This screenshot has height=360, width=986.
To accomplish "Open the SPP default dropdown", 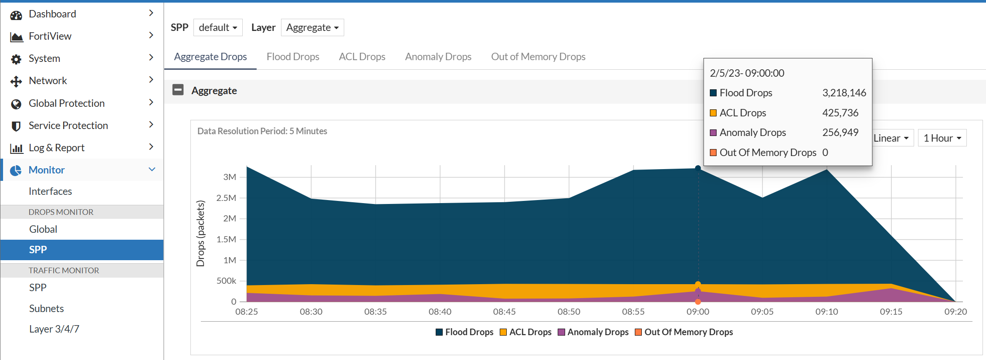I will pyautogui.click(x=218, y=27).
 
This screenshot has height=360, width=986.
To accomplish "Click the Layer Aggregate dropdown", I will pyautogui.click(x=312, y=27).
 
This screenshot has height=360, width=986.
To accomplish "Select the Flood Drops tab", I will pyautogui.click(x=293, y=57).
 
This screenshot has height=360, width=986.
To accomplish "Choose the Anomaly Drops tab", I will pyautogui.click(x=438, y=57).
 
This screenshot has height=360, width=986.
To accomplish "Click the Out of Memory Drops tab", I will pyautogui.click(x=538, y=57).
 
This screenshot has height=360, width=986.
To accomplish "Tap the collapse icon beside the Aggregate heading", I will pyautogui.click(x=178, y=90).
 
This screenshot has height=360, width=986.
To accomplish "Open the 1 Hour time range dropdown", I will pyautogui.click(x=942, y=138).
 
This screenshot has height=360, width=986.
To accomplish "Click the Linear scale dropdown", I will pyautogui.click(x=891, y=138).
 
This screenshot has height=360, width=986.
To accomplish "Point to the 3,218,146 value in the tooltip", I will pyautogui.click(x=844, y=93).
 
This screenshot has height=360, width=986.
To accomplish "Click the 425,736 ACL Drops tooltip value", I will pyautogui.click(x=840, y=113).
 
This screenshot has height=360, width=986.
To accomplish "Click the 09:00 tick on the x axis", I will pyautogui.click(x=698, y=312).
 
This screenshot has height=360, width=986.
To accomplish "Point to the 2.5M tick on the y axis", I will pyautogui.click(x=226, y=198).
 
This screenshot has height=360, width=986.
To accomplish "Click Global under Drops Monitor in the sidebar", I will pyautogui.click(x=43, y=229).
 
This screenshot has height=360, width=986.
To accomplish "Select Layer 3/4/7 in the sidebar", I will pyautogui.click(x=54, y=329).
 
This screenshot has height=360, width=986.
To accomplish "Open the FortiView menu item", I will pyautogui.click(x=50, y=36).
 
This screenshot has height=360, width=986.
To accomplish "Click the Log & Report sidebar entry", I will pyautogui.click(x=57, y=148).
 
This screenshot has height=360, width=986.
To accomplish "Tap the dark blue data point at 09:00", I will pyautogui.click(x=698, y=168).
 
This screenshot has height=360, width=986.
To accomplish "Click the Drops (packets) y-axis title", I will pyautogui.click(x=200, y=233).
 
